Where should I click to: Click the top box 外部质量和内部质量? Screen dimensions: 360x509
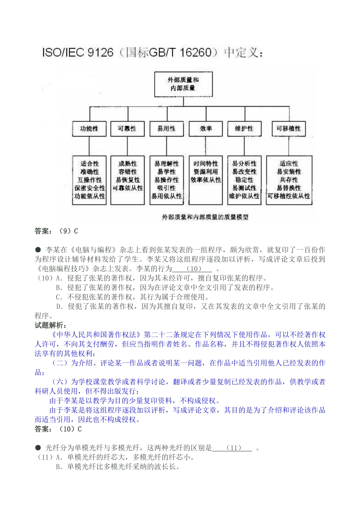pyautogui.click(x=183, y=84)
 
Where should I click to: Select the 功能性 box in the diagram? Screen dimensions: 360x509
pyautogui.click(x=89, y=129)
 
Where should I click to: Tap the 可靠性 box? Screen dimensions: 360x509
pyautogui.click(x=127, y=129)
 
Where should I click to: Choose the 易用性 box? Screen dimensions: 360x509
pyautogui.click(x=166, y=129)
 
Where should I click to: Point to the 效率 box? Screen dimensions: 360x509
pyautogui.click(x=206, y=129)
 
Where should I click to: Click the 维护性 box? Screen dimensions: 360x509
pyautogui.click(x=244, y=129)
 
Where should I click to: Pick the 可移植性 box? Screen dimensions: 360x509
pyautogui.click(x=288, y=129)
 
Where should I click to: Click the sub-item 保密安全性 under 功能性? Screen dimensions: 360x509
pyautogui.click(x=90, y=188)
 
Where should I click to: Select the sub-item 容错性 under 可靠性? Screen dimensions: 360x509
pyautogui.click(x=128, y=172)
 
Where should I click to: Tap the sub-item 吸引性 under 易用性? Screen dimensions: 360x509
pyautogui.click(x=167, y=188)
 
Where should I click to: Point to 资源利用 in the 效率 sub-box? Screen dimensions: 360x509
pyautogui.click(x=206, y=172)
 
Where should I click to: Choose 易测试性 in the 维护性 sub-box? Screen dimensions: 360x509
pyautogui.click(x=244, y=188)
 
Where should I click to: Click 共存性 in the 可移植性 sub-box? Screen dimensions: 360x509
pyautogui.click(x=289, y=180)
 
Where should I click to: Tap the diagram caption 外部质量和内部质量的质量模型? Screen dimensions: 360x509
pyautogui.click(x=205, y=217)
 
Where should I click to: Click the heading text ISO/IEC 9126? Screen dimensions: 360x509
pyautogui.click(x=78, y=52)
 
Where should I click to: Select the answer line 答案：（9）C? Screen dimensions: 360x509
pyautogui.click(x=56, y=231)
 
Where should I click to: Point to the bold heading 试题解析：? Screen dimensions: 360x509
pyautogui.click(x=51, y=325)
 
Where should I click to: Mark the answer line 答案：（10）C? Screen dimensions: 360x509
pyautogui.click(x=58, y=429)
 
